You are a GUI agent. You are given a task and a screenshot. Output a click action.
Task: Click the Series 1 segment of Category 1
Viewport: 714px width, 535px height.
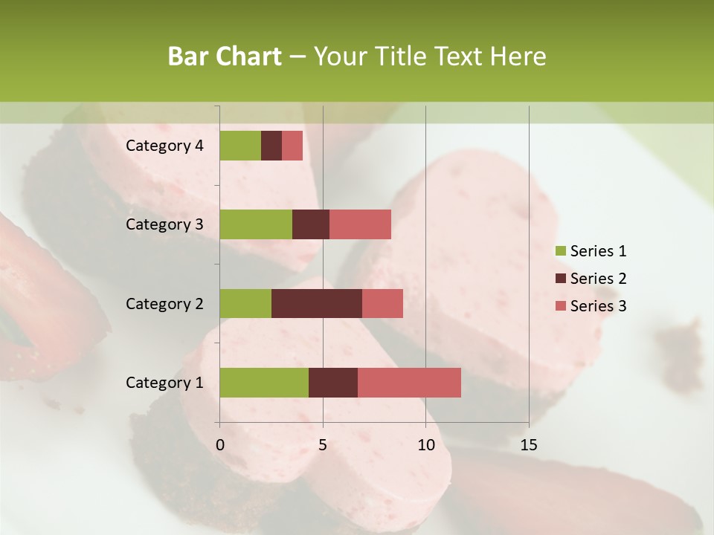pos(264,382)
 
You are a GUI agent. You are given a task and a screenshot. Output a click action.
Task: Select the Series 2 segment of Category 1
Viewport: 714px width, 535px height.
pos(333,382)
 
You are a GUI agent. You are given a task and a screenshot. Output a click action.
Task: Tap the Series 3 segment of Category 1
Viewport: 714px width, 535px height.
pos(409,382)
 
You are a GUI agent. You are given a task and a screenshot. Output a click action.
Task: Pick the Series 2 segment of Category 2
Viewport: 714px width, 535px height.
pos(317,303)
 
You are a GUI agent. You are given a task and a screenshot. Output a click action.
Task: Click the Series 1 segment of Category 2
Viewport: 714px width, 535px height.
pos(245,303)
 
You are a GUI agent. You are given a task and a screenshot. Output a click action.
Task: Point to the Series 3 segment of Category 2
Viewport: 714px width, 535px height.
pos(382,303)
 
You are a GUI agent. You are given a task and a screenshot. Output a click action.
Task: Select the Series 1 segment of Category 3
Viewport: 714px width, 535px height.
pos(256,224)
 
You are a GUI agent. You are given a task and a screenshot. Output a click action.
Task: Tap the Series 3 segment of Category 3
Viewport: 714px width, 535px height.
pos(360,224)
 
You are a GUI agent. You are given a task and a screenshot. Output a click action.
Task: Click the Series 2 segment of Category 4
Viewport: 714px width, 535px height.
pos(271,146)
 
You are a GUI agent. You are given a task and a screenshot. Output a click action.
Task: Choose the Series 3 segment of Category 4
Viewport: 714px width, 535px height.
pos(292,146)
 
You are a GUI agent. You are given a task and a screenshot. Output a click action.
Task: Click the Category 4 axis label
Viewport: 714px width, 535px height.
pos(164,146)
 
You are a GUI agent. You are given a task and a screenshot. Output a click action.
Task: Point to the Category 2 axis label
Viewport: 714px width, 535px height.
pos(164,303)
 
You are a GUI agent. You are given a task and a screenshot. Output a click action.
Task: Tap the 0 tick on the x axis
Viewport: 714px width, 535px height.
pos(220,445)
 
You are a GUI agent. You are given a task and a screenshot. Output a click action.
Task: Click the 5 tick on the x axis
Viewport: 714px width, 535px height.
pos(323,445)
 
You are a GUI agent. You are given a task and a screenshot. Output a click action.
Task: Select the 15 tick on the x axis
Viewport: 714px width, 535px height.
pos(528,445)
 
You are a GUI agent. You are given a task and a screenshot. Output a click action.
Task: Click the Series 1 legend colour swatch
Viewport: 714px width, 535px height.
pos(560,251)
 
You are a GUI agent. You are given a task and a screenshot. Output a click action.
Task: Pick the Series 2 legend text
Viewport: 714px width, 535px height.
pos(598,279)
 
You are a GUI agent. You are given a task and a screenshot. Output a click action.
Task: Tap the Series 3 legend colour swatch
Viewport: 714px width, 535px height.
pos(560,306)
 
